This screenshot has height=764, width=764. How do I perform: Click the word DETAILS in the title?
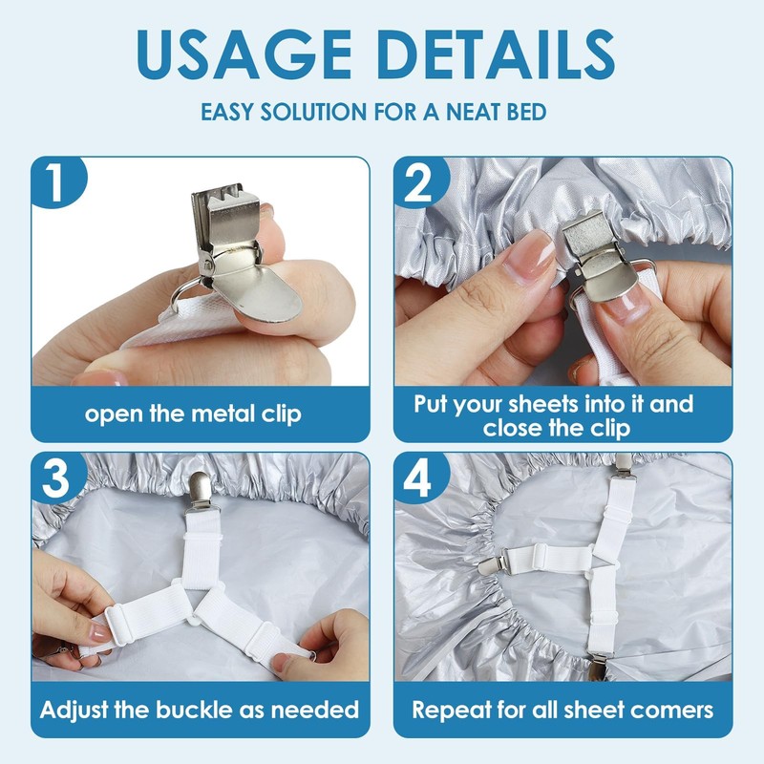[x=496, y=54]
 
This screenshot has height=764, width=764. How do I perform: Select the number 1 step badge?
[x=57, y=181]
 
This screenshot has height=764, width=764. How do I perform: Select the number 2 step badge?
[x=419, y=181]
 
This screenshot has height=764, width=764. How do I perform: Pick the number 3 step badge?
[x=56, y=477]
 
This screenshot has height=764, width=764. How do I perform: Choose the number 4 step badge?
[x=419, y=478]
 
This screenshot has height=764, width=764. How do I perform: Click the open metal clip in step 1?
[x=240, y=253]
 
